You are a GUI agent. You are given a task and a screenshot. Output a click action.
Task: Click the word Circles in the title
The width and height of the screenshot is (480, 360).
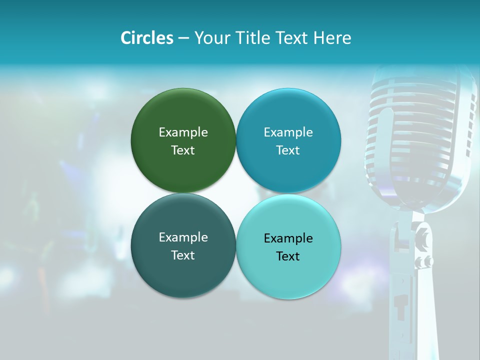147,38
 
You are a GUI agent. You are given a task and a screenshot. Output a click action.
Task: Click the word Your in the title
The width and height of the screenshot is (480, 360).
211,38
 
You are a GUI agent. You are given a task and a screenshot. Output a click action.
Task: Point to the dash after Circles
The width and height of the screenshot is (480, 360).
183,38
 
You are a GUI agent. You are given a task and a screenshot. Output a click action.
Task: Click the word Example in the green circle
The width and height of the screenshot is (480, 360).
183,132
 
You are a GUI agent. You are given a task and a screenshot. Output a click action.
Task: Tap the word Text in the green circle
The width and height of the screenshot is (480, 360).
183,150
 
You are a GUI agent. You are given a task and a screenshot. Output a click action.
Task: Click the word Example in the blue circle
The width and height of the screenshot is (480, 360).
288,132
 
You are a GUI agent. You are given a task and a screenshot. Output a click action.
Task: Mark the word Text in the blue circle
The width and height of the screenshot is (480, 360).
288,150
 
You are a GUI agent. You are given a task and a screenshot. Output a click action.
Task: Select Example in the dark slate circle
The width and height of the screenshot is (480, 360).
183,237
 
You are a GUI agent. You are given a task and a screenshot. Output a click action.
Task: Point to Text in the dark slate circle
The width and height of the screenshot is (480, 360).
183,255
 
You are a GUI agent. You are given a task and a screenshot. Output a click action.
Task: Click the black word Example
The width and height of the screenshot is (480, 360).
288,238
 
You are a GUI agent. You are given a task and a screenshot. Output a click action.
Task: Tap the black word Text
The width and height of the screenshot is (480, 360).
288,256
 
